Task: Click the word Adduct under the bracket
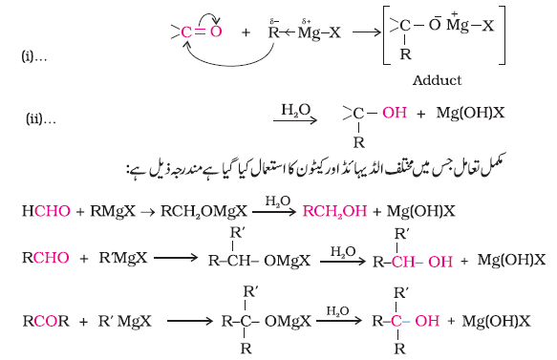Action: coord(437,80)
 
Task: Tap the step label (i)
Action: coord(34,56)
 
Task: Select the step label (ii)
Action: coord(40,118)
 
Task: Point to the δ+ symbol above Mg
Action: coord(307,21)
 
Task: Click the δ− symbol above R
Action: coord(274,21)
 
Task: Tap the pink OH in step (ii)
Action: coord(395,113)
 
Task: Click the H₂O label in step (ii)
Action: coord(296,110)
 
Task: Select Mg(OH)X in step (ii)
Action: coord(470,113)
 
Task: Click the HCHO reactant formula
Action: coord(46,211)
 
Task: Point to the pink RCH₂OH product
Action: coord(334,211)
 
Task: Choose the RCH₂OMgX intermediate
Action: coord(204,211)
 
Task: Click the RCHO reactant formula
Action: coord(46,258)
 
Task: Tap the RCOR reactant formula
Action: coord(46,321)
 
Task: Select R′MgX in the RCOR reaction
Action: coord(125,321)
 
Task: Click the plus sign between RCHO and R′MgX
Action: coord(84,259)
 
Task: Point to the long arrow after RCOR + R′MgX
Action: coord(190,321)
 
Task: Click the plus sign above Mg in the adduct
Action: coord(455,13)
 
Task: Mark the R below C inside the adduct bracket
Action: coord(405,54)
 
